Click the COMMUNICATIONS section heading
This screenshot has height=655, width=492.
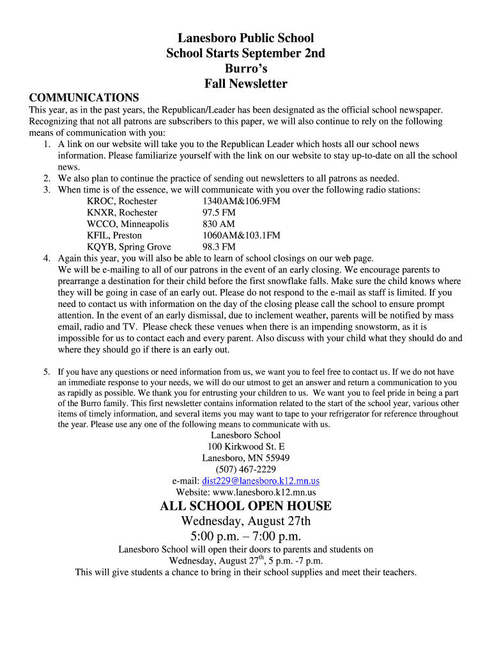pos(84,98)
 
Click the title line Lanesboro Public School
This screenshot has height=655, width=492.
pos(245,38)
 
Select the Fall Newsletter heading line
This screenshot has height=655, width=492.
pos(245,84)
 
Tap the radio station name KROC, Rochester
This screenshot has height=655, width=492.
pos(122,201)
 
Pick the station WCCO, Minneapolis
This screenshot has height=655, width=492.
pos(128,224)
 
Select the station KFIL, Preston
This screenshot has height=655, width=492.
pos(114,235)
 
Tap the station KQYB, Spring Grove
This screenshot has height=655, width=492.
pos(129,247)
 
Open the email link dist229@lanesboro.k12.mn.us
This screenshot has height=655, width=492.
pos(261,481)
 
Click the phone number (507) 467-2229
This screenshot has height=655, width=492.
pos(245,470)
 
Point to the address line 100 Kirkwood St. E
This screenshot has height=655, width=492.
pos(245,446)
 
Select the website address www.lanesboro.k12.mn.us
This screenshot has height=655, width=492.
pos(264,493)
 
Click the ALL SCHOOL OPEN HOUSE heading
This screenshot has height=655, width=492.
pos(245,507)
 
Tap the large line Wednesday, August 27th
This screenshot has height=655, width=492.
pos(245,521)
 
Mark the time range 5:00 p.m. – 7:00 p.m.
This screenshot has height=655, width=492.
pos(245,536)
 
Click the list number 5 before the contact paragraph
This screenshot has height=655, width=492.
pos(47,372)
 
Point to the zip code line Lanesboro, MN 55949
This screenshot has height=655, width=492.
pos(245,458)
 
